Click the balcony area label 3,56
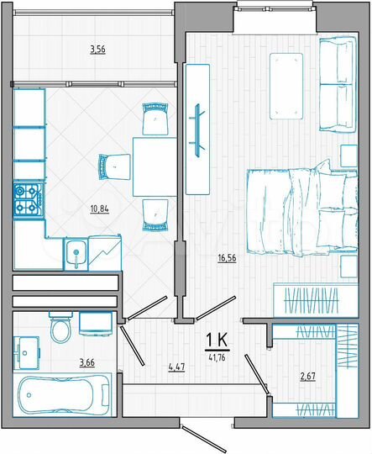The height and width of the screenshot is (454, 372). pyautogui.click(x=98, y=50)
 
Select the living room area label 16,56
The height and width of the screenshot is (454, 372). pyautogui.click(x=224, y=259)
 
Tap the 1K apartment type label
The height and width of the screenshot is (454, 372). pyautogui.click(x=217, y=339)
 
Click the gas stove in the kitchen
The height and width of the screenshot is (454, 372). pyautogui.click(x=28, y=199)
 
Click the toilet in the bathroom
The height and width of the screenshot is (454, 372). pyautogui.click(x=60, y=330)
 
